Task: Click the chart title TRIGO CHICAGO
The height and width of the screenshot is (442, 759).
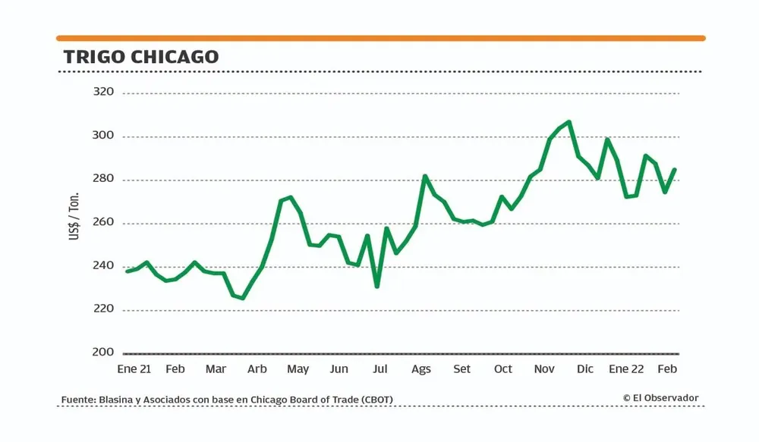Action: (141, 57)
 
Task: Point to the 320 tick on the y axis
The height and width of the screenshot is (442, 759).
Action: (103, 92)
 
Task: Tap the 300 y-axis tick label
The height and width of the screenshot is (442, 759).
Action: (103, 136)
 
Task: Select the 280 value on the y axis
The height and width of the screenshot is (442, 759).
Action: (103, 179)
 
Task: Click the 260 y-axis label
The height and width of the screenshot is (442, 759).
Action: (103, 222)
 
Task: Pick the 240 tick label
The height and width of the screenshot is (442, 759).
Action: (103, 265)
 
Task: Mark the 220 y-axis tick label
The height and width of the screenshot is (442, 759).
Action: (103, 309)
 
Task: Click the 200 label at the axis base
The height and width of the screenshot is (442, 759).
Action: (103, 352)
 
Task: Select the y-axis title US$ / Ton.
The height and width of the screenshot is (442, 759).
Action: (74, 218)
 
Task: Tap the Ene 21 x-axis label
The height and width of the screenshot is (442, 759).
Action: (134, 369)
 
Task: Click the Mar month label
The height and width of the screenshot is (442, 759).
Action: (216, 369)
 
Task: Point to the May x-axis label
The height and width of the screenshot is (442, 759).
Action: (298, 369)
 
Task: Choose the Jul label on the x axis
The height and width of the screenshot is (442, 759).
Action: (380, 369)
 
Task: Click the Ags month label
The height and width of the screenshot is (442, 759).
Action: (421, 369)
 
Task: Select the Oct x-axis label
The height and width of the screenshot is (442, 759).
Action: (503, 369)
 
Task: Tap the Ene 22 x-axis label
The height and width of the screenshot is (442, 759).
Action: (626, 369)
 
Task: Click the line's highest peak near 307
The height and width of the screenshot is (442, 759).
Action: (569, 121)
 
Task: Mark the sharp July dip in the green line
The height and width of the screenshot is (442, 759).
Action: (376, 286)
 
